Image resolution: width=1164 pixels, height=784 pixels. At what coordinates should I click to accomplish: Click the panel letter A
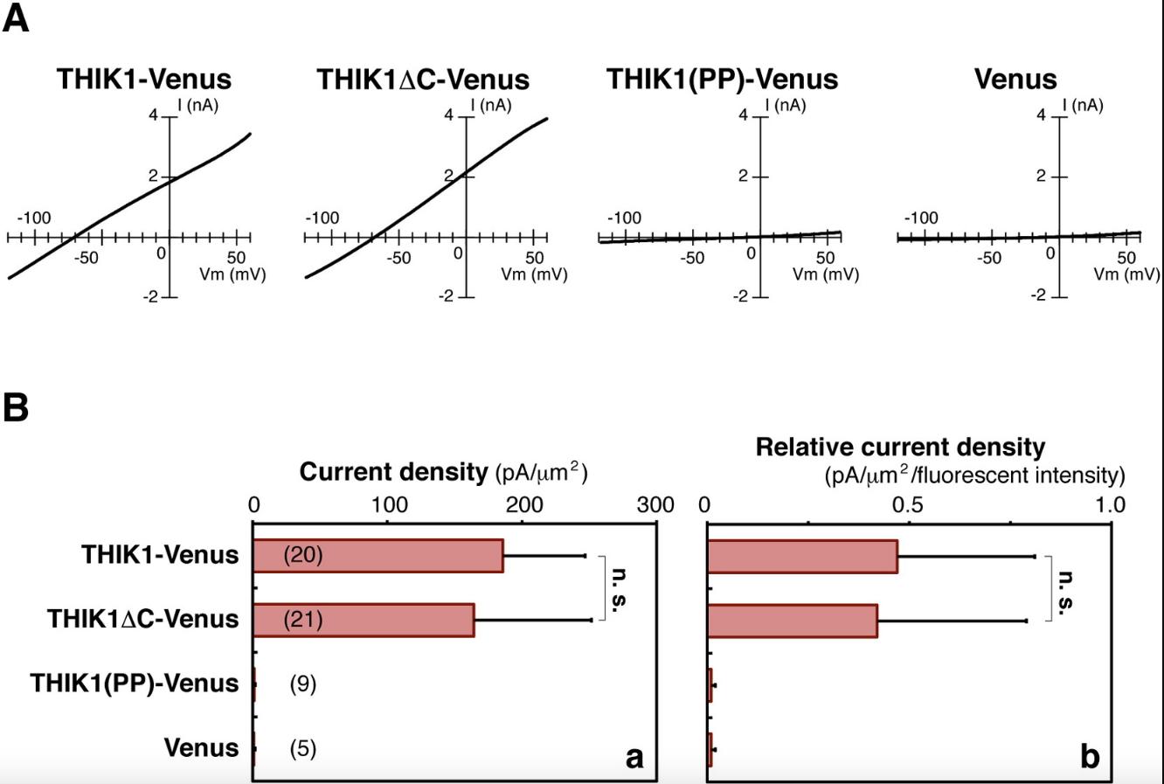point(16,17)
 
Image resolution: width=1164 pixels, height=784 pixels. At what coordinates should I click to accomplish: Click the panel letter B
point(16,407)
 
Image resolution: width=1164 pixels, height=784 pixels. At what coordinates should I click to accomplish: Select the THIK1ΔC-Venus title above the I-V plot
point(422,80)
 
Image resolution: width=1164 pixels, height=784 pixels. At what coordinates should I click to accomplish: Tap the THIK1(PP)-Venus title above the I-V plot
point(722,79)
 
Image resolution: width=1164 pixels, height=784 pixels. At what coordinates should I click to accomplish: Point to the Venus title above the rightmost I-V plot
point(1015,79)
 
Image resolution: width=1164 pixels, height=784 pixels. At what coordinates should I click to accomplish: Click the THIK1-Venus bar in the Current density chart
point(378,556)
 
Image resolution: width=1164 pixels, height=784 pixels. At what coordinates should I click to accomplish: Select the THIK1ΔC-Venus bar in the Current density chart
point(364,620)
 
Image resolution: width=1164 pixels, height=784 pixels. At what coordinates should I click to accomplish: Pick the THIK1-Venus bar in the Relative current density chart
point(802,556)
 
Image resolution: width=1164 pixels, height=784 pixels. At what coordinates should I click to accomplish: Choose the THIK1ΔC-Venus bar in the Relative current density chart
point(792,620)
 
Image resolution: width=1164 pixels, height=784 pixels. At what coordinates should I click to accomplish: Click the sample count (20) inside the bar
point(303,555)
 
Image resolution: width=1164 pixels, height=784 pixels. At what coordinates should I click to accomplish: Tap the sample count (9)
point(302,683)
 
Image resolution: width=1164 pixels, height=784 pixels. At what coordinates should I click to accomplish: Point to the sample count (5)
point(302,748)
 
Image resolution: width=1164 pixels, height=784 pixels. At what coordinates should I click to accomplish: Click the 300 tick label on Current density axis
point(655,504)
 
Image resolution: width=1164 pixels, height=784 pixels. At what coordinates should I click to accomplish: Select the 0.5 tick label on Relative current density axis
point(908,504)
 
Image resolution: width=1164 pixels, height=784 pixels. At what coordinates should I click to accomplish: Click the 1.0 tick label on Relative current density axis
point(1111,504)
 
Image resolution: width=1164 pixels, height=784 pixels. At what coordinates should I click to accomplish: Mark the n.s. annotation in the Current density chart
point(618,587)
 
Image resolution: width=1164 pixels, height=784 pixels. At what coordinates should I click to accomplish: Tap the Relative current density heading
point(900,448)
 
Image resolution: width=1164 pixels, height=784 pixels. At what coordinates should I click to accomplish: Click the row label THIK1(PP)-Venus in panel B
point(135,683)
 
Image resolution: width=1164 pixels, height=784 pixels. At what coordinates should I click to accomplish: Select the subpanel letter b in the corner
point(1089,756)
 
